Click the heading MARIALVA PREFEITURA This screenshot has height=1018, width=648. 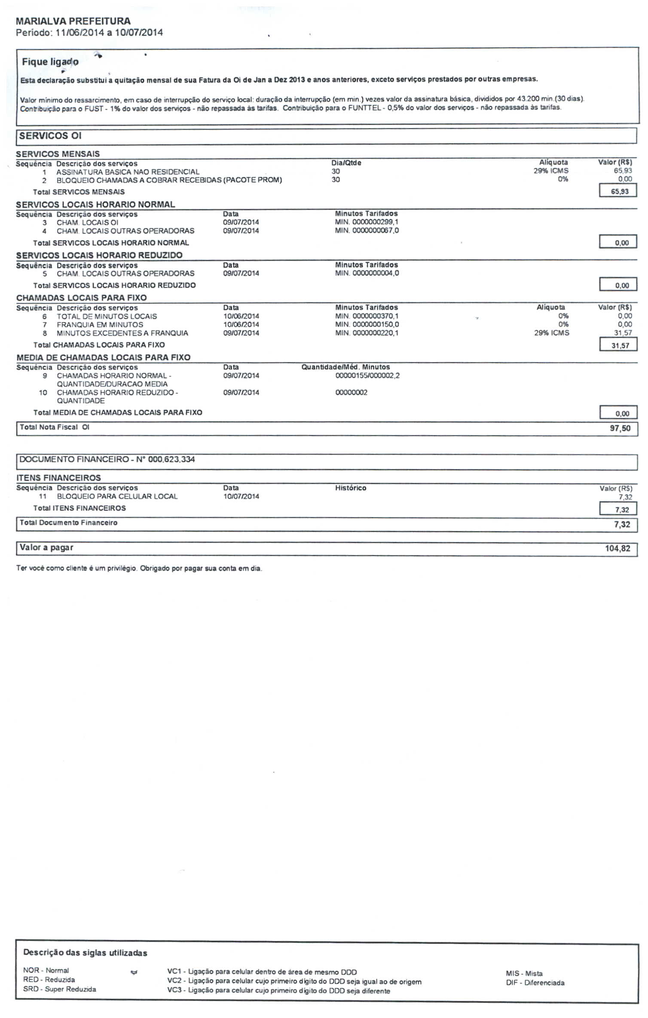pyautogui.click(x=73, y=21)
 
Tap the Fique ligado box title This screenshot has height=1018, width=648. pyautogui.click(x=50, y=62)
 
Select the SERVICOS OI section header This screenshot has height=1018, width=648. pyautogui.click(x=50, y=136)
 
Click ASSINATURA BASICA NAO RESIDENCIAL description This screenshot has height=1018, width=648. pyautogui.click(x=128, y=172)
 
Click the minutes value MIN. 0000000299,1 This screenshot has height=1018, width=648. pyautogui.click(x=367, y=222)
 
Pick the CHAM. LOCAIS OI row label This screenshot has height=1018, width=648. pyautogui.click(x=87, y=222)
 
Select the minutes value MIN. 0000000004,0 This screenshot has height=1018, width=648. pyautogui.click(x=367, y=273)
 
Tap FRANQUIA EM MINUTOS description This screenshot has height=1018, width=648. pyautogui.click(x=100, y=325)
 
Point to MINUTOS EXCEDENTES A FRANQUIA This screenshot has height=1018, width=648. pyautogui.click(x=122, y=333)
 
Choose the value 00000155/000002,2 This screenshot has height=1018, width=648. pyautogui.click(x=367, y=375)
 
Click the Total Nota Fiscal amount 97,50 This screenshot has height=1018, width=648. pyautogui.click(x=620, y=428)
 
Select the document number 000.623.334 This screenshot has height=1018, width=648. pyautogui.click(x=171, y=459)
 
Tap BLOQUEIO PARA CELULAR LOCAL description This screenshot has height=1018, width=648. pyautogui.click(x=117, y=496)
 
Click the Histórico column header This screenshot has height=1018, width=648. pyautogui.click(x=351, y=488)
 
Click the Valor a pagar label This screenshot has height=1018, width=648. pyautogui.click(x=46, y=547)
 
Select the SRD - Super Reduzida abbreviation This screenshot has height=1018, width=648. pyautogui.click(x=59, y=989)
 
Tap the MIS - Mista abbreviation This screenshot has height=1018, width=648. pyautogui.click(x=524, y=973)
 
